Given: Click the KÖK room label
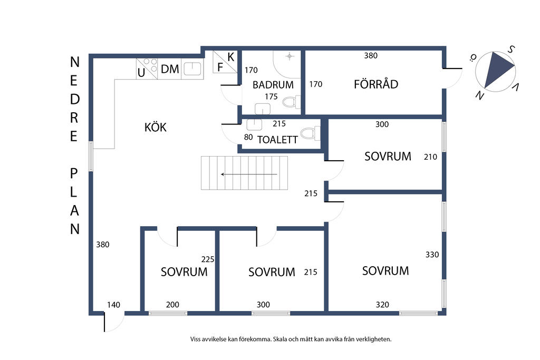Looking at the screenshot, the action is pos(156,127).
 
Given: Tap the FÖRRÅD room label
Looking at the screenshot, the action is pos(376,84).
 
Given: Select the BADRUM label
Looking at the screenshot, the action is pos(273,85).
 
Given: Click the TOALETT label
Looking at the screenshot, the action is pos(277,139).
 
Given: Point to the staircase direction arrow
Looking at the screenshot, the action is pos(249,174).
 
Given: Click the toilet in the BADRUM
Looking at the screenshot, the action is pos(291,102).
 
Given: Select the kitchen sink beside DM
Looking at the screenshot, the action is pos(192,69).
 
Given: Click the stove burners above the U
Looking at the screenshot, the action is pos(150,65).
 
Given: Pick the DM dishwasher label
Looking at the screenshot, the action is pos(170,69).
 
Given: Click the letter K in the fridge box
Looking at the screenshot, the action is pos(231,57).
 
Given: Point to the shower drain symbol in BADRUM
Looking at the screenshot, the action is pos(290,56).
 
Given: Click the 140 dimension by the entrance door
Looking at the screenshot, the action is pos(113,305).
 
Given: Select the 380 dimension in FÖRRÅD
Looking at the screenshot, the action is pos(371,55).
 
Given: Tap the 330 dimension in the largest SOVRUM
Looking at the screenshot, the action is pos(432,255).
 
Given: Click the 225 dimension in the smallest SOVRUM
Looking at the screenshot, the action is pos(208,259).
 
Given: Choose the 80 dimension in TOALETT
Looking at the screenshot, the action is pos(248,137).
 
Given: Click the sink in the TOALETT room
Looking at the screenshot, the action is pos(255,125).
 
